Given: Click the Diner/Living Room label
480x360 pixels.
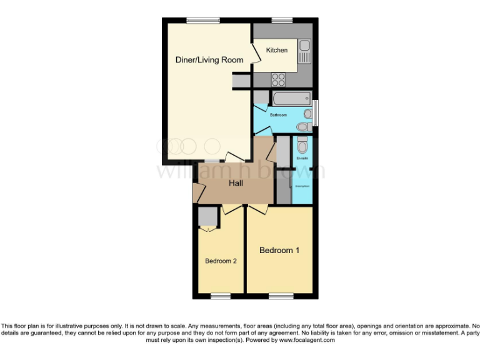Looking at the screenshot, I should point(209,60).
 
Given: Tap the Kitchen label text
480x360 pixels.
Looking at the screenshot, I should point(277,50).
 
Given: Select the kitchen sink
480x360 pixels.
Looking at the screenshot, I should point(305,51).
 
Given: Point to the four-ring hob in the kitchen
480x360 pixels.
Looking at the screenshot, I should point(277,79).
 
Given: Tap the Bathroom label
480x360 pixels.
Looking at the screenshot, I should point(278,115).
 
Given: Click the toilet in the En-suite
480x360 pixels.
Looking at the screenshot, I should point(302,146).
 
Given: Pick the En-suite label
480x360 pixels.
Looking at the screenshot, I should point(302,158).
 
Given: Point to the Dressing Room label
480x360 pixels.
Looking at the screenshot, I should point(302,186).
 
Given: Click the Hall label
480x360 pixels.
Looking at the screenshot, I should point(236,183).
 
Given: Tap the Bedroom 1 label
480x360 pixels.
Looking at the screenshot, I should point(279,250).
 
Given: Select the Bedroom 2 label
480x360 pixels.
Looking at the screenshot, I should point(221,261).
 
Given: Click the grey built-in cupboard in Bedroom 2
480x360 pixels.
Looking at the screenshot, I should point(207,216).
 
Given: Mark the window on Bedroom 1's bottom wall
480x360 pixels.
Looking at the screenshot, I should point(279,295).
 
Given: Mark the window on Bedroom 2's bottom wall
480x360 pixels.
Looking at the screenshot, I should point(220,295).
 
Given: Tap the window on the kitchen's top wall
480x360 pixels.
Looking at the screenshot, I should point(283,21).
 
